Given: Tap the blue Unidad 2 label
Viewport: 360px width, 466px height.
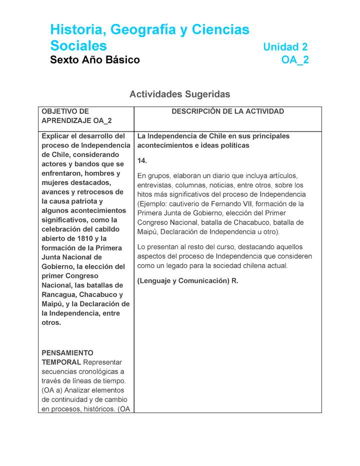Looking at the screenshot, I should (285, 47).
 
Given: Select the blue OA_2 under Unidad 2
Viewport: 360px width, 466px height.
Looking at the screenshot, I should (295, 60).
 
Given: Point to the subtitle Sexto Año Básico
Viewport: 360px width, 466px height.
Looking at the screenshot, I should (95, 60).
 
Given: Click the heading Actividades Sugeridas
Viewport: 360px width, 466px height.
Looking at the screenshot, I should (180, 94).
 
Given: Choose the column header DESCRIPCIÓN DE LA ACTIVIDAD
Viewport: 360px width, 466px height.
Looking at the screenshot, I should (227, 111).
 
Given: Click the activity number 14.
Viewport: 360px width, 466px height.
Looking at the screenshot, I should (142, 160).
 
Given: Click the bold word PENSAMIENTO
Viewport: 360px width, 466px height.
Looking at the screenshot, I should (67, 352).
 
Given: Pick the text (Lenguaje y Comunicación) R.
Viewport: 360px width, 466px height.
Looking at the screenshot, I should (187, 281).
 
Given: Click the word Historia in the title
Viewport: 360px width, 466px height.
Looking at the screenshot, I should (75, 30).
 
